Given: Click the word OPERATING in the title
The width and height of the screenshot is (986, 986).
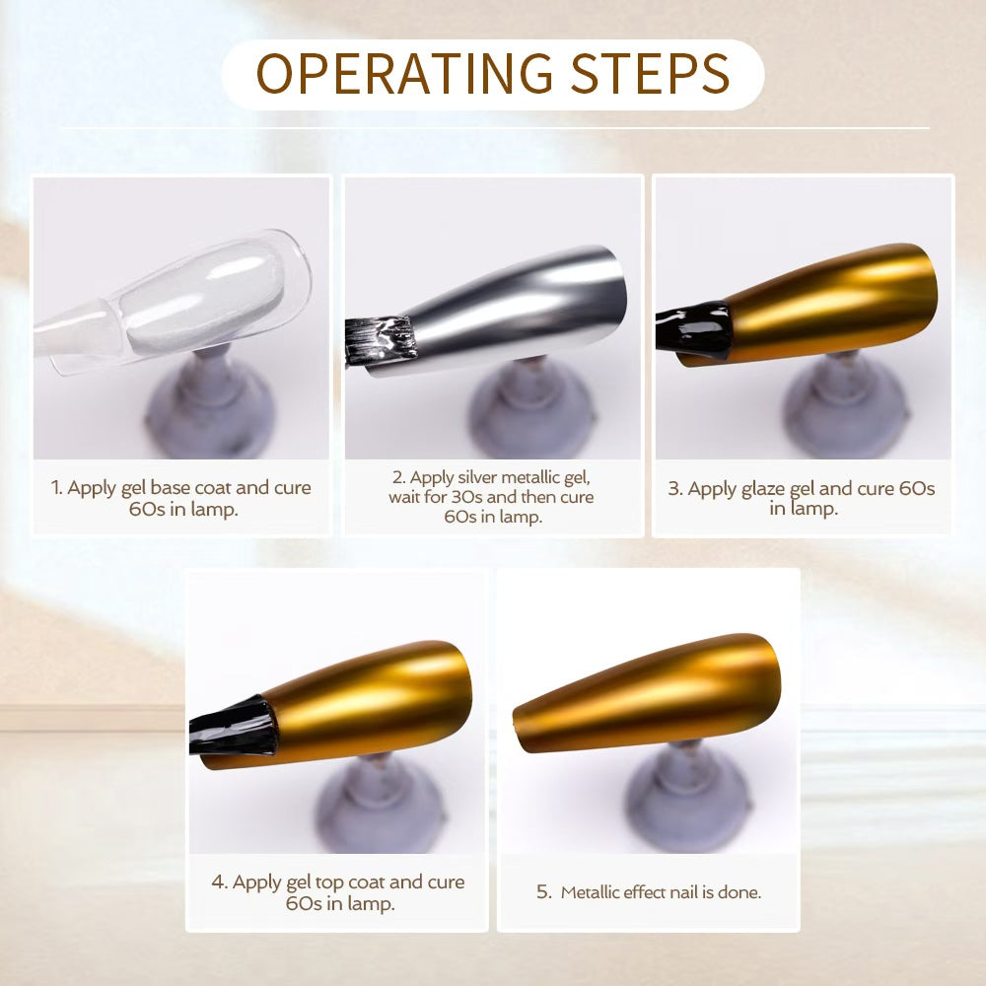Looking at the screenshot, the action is (404, 74).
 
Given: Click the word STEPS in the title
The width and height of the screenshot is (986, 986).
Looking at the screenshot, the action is (650, 74).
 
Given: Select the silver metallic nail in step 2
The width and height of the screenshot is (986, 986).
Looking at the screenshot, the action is (503, 308).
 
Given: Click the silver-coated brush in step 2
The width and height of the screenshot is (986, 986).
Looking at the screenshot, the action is (381, 340).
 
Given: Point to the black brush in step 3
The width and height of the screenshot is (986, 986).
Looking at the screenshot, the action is (692, 330).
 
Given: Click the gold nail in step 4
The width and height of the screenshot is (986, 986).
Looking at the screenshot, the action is (352, 703).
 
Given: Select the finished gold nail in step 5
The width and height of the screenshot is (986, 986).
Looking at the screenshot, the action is (648, 692).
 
